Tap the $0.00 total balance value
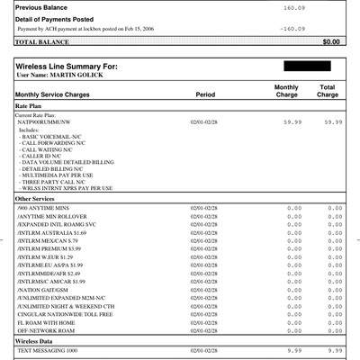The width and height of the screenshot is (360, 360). [x=331, y=41]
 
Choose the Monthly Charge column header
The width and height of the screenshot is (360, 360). [x=286, y=90]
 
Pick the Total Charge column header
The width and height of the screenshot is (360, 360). [x=328, y=90]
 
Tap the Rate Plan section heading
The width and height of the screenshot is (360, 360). [x=31, y=106]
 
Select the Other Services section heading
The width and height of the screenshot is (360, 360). [x=40, y=198]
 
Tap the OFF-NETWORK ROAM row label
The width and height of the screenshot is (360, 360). [x=47, y=331]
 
